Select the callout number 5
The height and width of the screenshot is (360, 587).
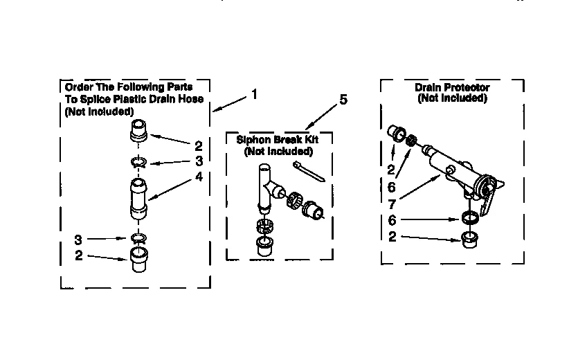343,100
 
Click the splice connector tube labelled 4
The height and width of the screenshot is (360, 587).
138,198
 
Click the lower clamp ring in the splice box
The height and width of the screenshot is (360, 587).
138,239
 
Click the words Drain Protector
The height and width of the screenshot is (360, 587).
452,88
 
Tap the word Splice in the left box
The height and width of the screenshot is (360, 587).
92,99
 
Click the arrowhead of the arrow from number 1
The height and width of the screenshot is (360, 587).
215,109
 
